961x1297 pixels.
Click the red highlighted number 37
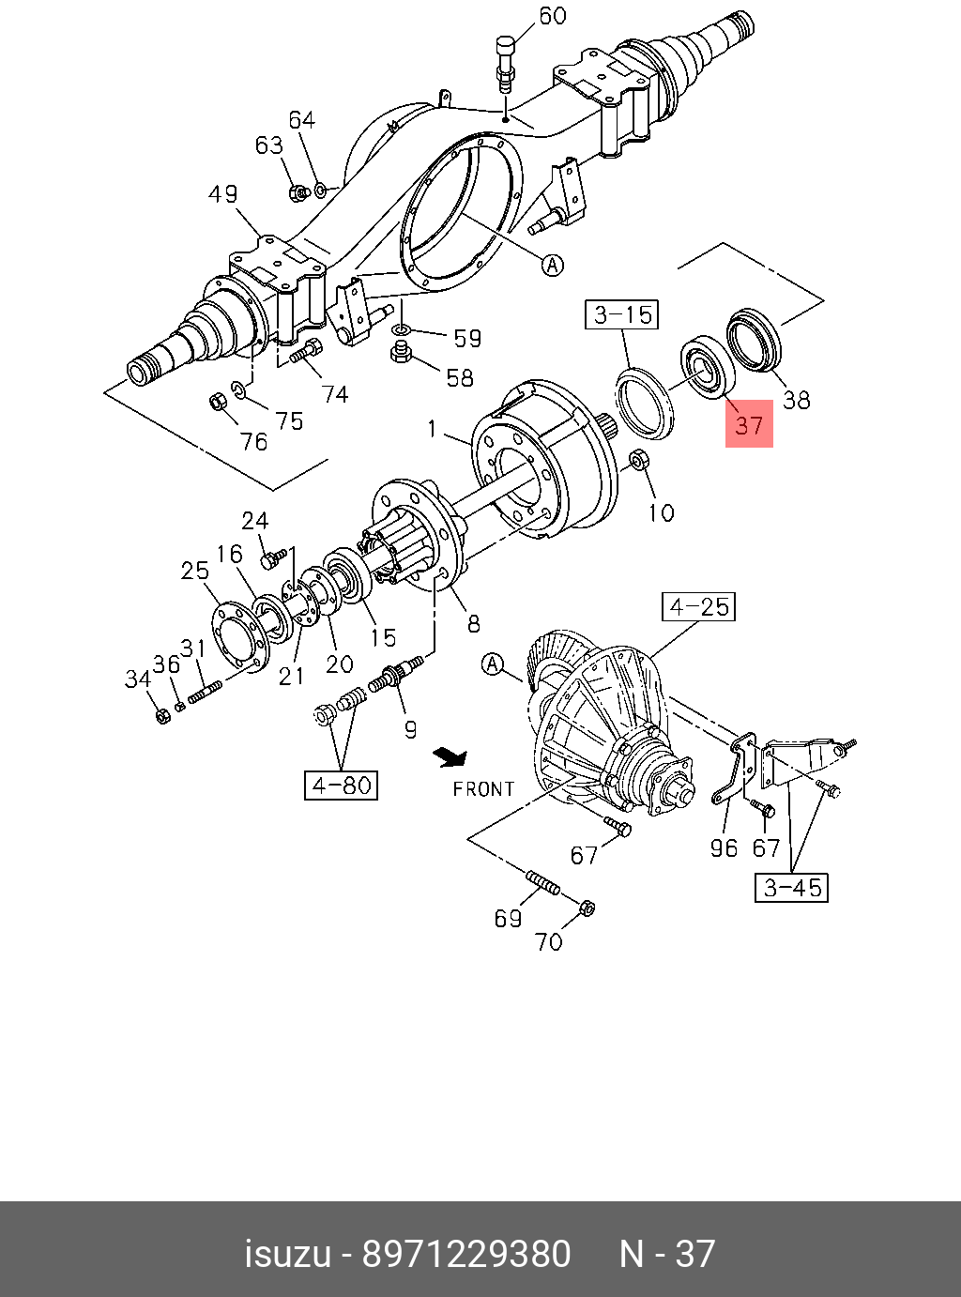pos(749,424)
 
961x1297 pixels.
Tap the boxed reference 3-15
pos(622,313)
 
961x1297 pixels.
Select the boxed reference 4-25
pos(698,606)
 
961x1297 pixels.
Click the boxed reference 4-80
pos(341,785)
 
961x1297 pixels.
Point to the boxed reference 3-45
pos(792,887)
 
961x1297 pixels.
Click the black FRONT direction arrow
pos(450,755)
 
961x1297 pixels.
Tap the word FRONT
pos(483,789)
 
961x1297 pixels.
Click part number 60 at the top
pos(552,16)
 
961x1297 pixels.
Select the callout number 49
pos(223,193)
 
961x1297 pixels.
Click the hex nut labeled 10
pos(638,460)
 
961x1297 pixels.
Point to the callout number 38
pos(796,400)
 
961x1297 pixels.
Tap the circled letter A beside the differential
pos(493,665)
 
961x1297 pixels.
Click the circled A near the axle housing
pos(554,265)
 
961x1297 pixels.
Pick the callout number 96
pos(724,848)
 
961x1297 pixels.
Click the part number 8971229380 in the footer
pos(466,1254)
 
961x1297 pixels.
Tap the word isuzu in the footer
pos(288,1254)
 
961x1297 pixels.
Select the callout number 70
pos(548,940)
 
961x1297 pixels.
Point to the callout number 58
pos(460,377)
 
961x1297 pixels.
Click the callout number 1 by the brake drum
pos(432,429)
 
